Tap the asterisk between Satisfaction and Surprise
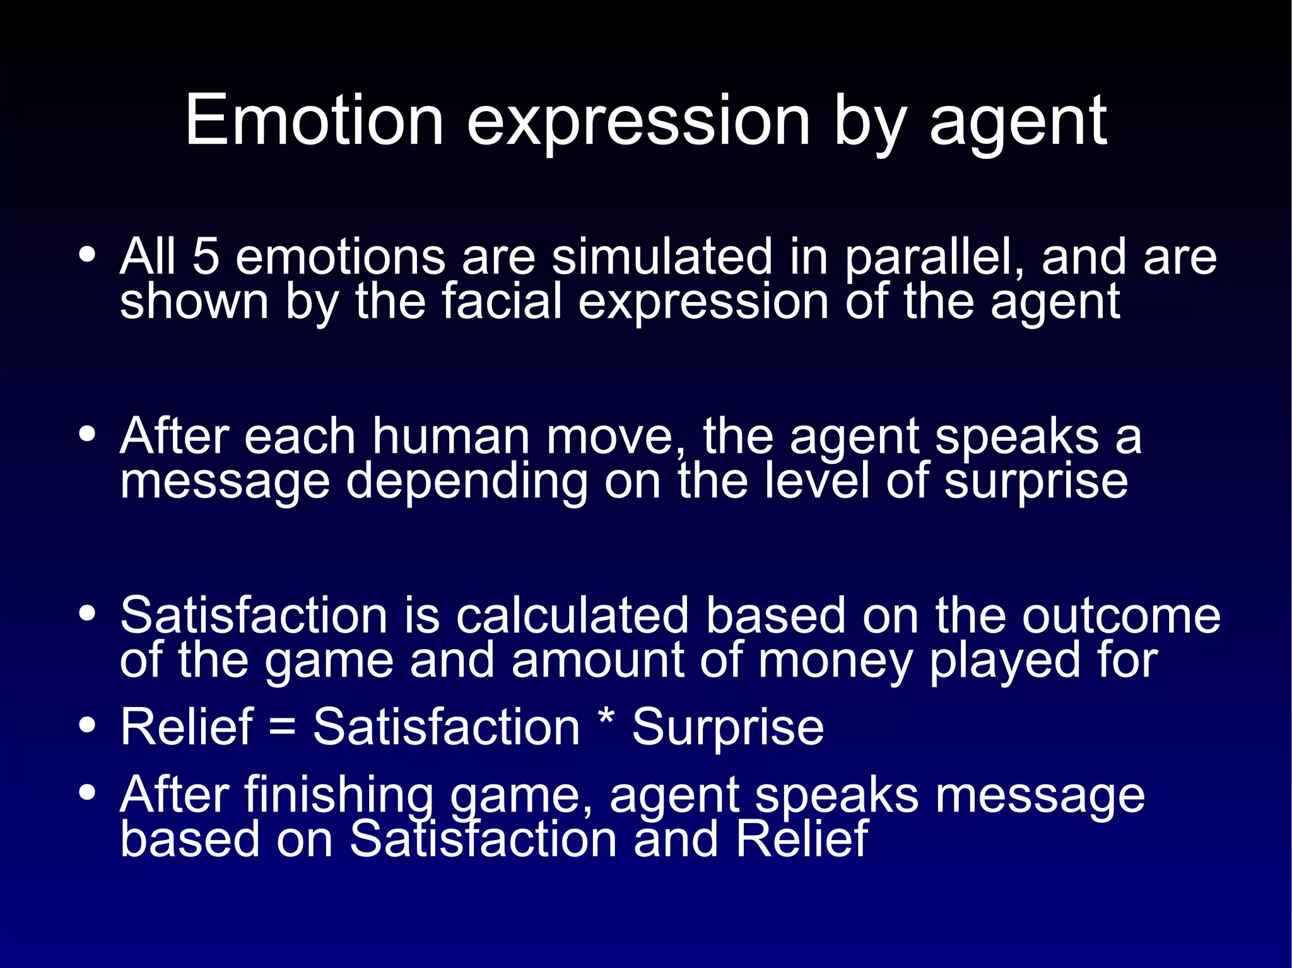point(606,721)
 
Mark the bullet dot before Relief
point(88,725)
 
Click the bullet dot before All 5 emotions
point(88,255)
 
